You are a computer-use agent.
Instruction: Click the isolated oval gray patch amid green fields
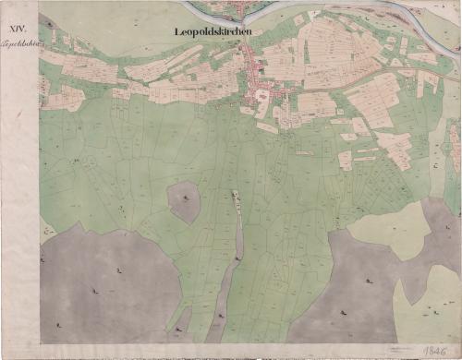click(184, 202)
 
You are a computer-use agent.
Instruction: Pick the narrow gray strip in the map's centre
click(237, 231)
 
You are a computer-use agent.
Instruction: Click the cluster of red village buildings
click(259, 88)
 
